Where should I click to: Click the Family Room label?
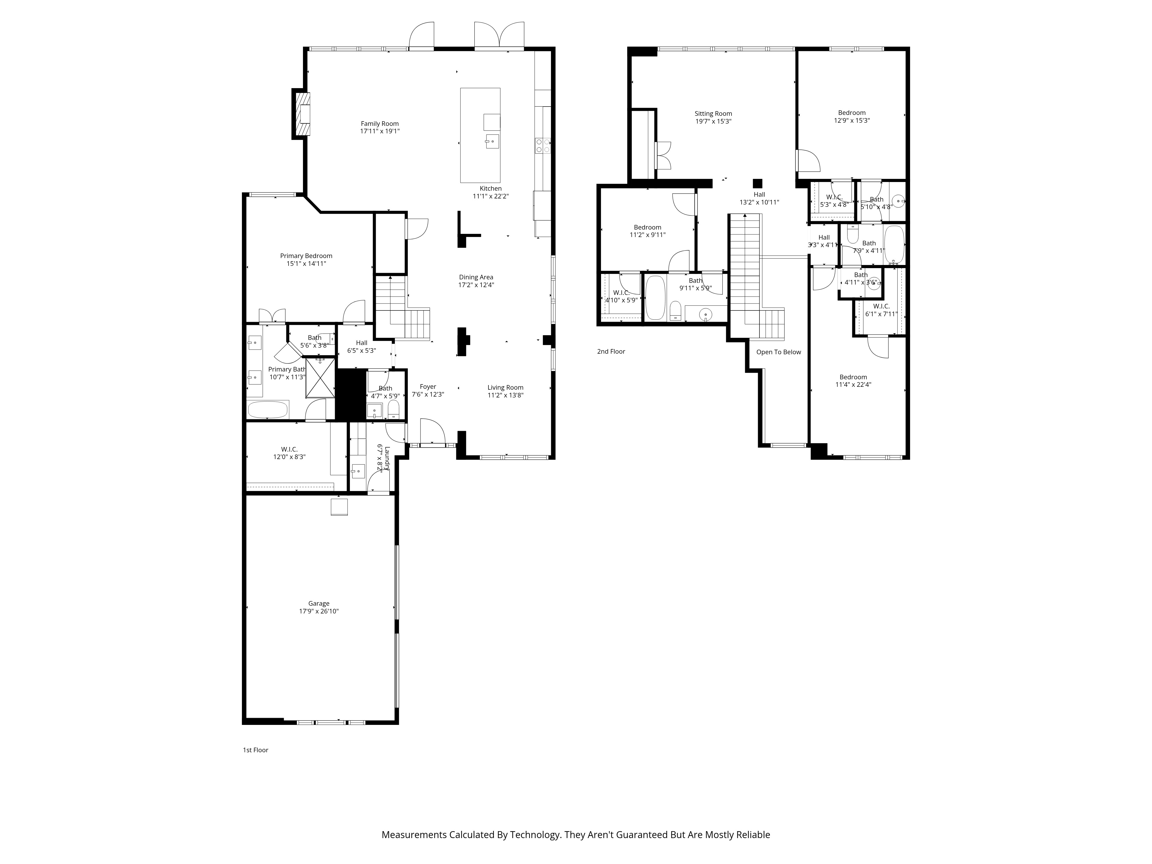(x=380, y=124)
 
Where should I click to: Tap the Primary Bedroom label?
(x=306, y=256)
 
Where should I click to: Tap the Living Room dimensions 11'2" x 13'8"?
(x=505, y=395)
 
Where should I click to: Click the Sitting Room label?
(x=713, y=113)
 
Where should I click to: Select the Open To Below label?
(x=778, y=352)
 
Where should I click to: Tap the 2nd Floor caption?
(x=611, y=352)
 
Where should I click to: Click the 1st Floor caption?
(x=255, y=750)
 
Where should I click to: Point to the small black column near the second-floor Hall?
(x=758, y=183)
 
